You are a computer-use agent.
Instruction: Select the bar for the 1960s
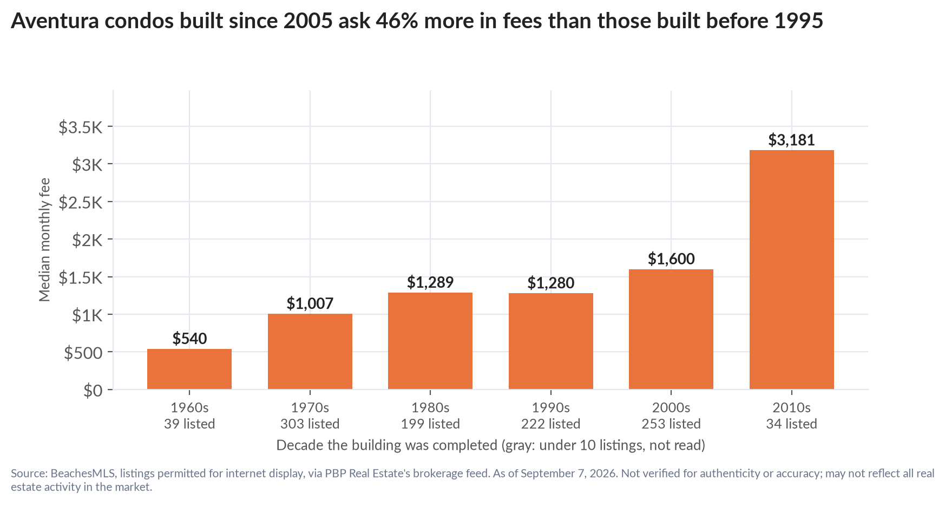(189, 369)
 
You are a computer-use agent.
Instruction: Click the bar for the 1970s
(310, 351)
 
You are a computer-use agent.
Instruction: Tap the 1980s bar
(430, 341)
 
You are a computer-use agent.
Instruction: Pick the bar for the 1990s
(551, 341)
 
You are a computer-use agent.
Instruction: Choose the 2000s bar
(671, 329)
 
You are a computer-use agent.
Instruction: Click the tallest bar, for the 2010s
(792, 270)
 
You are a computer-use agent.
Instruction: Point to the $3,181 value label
(792, 140)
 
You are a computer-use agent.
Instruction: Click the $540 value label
(189, 339)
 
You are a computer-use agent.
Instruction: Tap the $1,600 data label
(671, 259)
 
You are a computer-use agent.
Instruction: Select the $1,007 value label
(310, 303)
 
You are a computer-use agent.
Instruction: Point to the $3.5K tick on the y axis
(81, 127)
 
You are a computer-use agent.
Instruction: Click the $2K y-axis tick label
(87, 240)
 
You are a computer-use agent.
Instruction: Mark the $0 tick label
(93, 391)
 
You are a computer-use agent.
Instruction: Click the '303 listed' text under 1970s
(310, 424)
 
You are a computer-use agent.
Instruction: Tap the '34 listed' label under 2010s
(792, 424)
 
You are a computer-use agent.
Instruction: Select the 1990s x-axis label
(551, 407)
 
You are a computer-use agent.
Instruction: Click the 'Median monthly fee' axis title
(44, 239)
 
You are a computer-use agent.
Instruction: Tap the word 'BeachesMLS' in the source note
(83, 473)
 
